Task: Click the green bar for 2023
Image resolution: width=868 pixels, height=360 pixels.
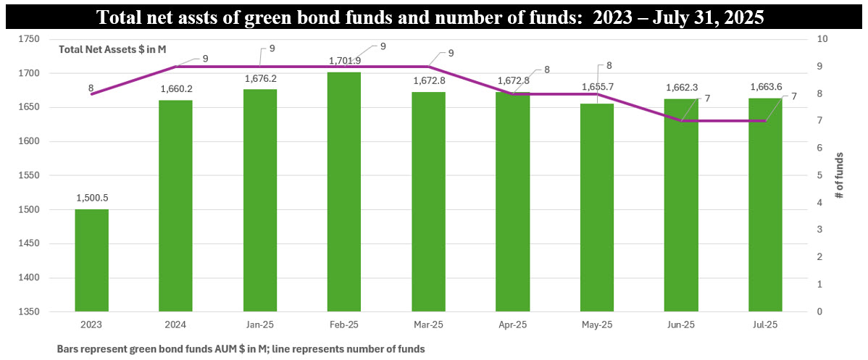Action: tap(91, 261)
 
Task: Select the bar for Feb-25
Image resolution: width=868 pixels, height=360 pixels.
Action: tap(344, 192)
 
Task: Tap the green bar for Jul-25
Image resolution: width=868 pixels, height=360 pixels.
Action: tap(765, 206)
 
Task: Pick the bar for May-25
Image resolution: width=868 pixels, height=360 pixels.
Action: tap(597, 210)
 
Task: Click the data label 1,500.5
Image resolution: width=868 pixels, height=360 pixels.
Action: tap(91, 198)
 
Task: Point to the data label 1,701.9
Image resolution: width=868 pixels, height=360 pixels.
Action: tap(345, 61)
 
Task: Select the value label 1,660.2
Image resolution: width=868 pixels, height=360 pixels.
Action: tap(176, 89)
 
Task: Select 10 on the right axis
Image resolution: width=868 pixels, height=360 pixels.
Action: tap(820, 39)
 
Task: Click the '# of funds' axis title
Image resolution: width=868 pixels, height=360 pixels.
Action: tap(840, 175)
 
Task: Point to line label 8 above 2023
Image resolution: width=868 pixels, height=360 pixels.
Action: tap(91, 88)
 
